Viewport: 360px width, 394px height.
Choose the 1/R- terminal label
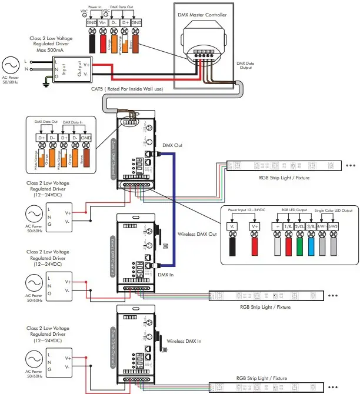click(288, 226)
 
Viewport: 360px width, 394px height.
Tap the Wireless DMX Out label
click(196, 234)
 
